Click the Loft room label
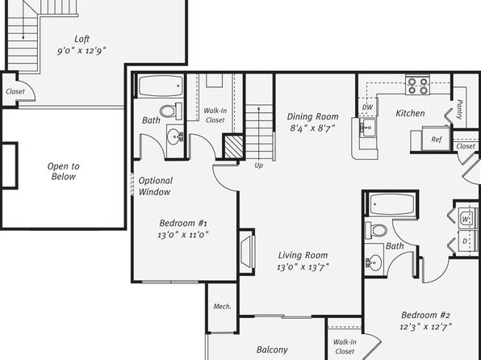[82, 39]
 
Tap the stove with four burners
[417, 86]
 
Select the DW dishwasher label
[367, 107]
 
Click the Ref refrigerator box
[436, 139]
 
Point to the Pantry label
[459, 109]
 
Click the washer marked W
[466, 219]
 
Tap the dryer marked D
[466, 241]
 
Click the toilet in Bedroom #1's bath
[171, 111]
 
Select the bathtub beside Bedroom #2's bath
[392, 204]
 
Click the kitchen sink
[367, 127]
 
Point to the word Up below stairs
[258, 165]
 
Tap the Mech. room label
[222, 306]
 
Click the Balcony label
[272, 350]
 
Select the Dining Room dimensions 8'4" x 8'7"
[312, 128]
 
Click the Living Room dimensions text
[303, 267]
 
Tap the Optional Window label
[155, 186]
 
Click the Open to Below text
[64, 171]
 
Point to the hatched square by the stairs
[234, 147]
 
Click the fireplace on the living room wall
[248, 251]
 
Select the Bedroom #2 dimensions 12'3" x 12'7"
[425, 327]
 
